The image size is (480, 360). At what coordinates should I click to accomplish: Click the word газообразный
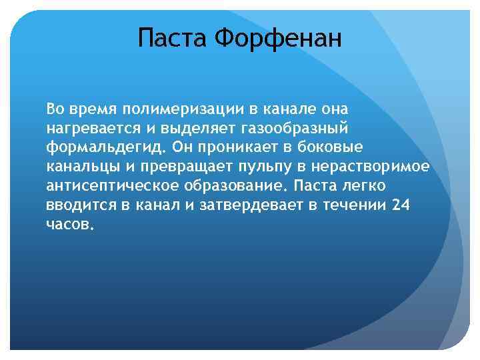pyautogui.click(x=288, y=127)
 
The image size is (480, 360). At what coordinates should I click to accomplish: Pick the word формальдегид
pyautogui.click(x=90, y=146)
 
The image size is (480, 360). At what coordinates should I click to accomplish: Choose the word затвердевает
pyautogui.click(x=250, y=205)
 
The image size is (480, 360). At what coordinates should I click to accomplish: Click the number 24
pyautogui.click(x=401, y=205)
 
